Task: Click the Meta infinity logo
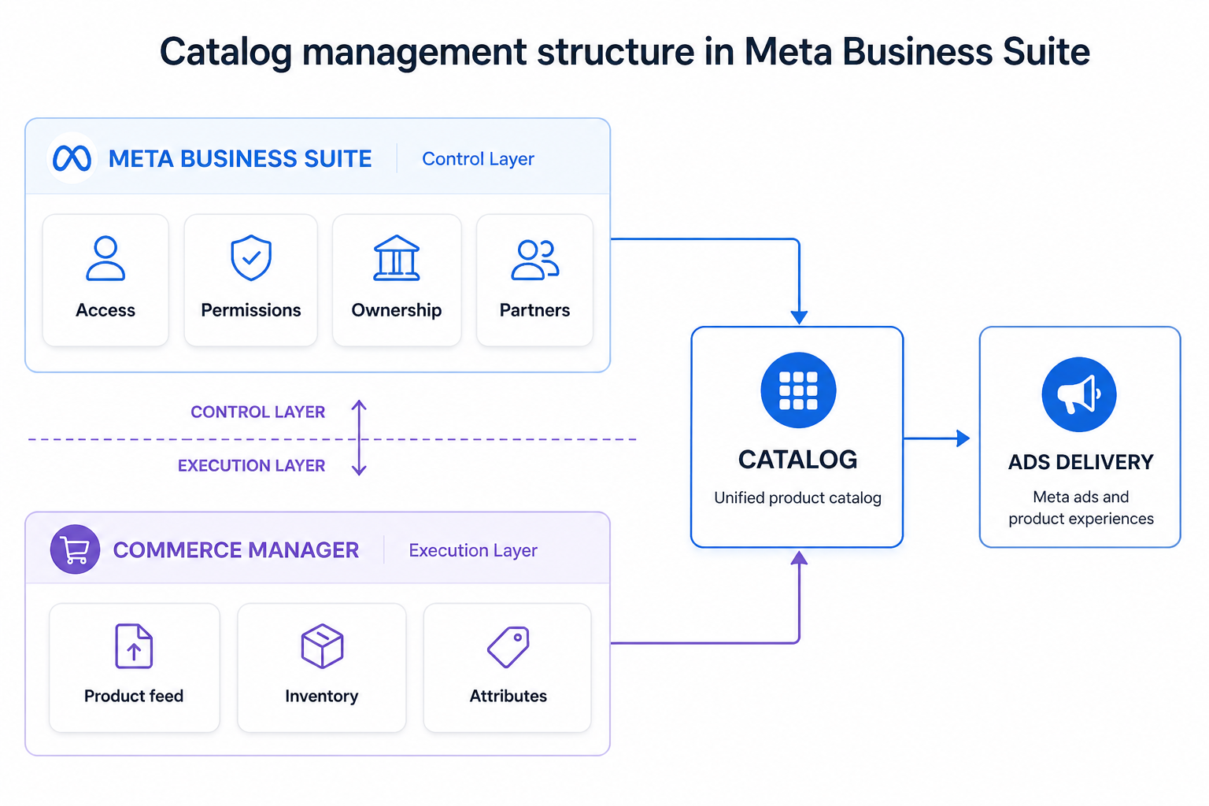(x=72, y=158)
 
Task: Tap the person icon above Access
(x=105, y=258)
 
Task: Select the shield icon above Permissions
(x=251, y=257)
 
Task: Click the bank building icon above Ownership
(x=397, y=258)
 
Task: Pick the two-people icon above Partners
(x=534, y=260)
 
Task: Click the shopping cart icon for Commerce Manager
(x=75, y=549)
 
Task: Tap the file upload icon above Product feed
(x=134, y=646)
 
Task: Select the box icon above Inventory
(x=322, y=646)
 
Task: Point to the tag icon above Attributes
(x=508, y=647)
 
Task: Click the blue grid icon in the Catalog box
(x=798, y=390)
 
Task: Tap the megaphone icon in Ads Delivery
(x=1078, y=394)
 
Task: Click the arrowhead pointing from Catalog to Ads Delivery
(x=963, y=438)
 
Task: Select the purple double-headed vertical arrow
(x=359, y=438)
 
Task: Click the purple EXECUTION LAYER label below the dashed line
(x=251, y=466)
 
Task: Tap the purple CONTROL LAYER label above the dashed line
(x=257, y=412)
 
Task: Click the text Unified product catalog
(x=797, y=497)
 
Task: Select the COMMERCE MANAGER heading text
(x=235, y=550)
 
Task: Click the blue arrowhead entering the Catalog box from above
(x=799, y=317)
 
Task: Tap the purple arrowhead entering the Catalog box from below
(x=799, y=558)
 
